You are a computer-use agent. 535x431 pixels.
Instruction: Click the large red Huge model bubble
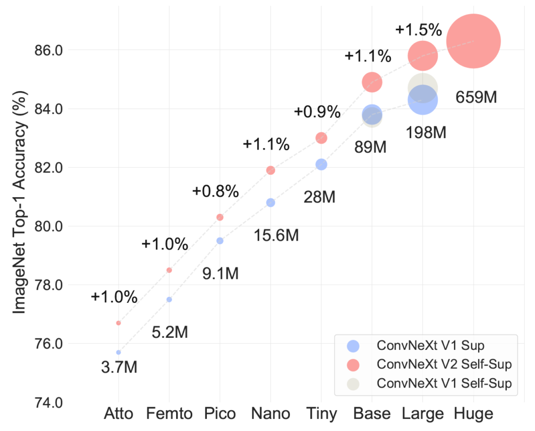474,41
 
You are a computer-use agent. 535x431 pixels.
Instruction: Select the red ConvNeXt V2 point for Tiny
321,138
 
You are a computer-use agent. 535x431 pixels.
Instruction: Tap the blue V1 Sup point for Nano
271,202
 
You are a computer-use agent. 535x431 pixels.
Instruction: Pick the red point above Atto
119,323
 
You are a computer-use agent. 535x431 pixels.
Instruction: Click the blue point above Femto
169,299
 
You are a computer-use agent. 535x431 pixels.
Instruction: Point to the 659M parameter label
476,97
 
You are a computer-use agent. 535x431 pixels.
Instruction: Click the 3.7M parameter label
119,368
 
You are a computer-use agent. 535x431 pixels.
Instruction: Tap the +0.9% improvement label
317,111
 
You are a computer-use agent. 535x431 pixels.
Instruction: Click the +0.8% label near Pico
215,191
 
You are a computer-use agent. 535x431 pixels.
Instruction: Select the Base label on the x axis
372,414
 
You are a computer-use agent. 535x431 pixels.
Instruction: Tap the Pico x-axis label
220,414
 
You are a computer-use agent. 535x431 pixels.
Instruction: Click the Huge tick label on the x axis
474,414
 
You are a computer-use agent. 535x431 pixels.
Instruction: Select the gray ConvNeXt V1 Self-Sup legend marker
354,383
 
